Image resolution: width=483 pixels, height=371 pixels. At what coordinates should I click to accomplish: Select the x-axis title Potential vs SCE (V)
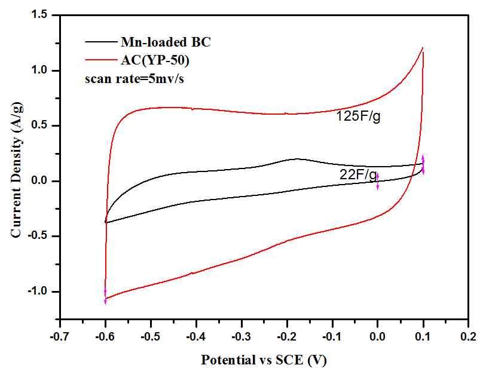[x=263, y=360]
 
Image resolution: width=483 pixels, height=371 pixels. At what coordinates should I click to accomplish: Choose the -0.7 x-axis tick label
[x=60, y=336]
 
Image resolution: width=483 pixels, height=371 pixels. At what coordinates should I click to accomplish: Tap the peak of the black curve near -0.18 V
[x=296, y=159]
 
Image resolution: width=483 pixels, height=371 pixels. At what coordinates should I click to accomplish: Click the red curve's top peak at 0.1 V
[x=423, y=48]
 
